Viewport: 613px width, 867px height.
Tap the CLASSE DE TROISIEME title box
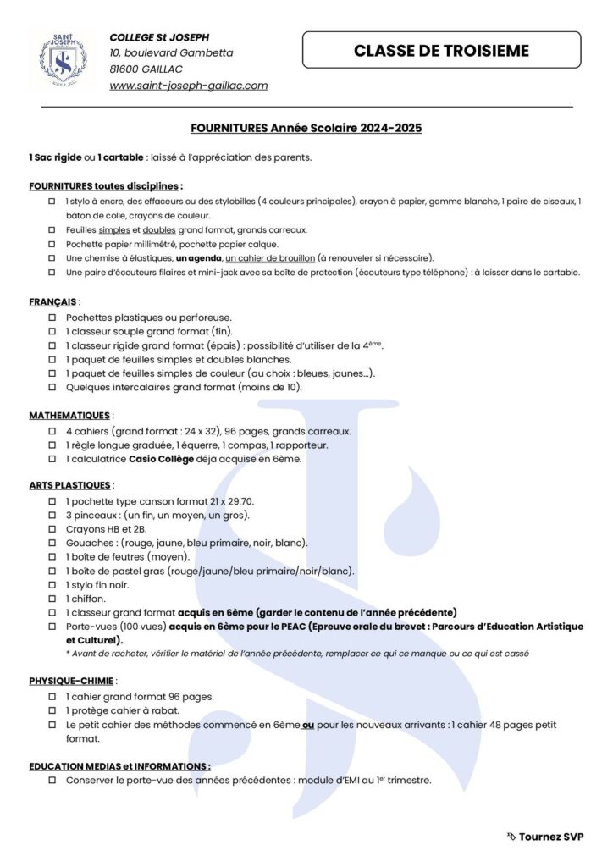click(441, 50)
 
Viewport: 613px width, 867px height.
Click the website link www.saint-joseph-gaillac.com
click(188, 86)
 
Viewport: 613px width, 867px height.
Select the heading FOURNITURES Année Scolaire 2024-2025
click(306, 129)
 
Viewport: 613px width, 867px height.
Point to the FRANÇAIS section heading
click(53, 301)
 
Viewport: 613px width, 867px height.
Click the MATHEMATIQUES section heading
click(69, 416)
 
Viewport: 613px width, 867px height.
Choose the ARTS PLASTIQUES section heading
click(69, 485)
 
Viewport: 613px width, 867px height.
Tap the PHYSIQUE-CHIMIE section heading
click(70, 680)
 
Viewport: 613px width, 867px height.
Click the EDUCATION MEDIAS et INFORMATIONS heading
click(119, 765)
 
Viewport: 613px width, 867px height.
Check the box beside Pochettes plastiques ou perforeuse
click(53, 316)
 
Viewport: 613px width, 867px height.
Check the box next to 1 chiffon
click(53, 599)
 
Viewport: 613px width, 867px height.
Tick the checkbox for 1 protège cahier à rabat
click(53, 710)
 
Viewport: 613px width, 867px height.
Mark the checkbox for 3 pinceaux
click(53, 515)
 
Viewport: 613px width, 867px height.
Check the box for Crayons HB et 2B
click(53, 528)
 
